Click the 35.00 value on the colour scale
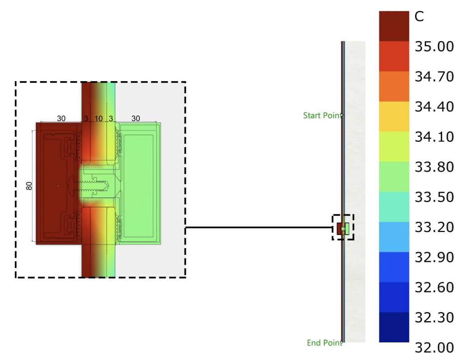click(x=434, y=46)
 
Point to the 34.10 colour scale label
click(x=434, y=137)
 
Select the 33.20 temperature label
click(x=434, y=227)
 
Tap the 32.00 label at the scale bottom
click(x=434, y=348)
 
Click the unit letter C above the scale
click(x=419, y=17)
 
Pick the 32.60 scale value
click(x=434, y=287)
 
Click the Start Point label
click(x=323, y=115)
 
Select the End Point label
click(x=325, y=342)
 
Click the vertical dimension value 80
click(x=29, y=186)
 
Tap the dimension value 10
click(x=99, y=119)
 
